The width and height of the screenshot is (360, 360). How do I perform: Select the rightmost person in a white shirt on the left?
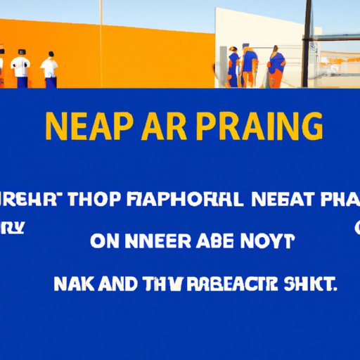coord(49,70)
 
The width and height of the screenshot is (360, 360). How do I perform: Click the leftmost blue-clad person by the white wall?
coord(232,67)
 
